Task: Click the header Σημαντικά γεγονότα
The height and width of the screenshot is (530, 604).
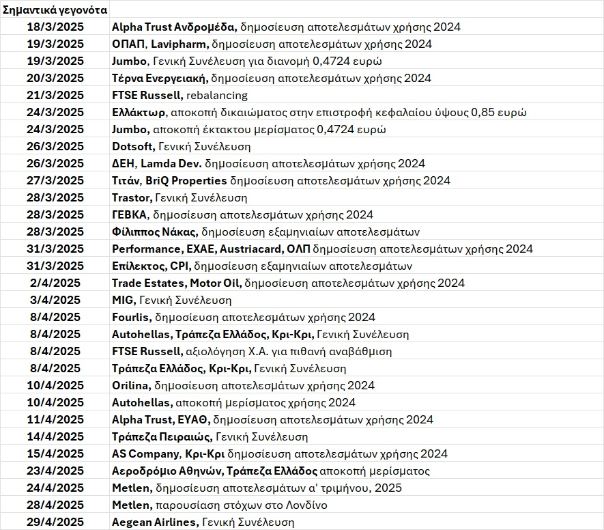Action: [x=55, y=10]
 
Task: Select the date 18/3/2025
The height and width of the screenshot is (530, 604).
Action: [x=55, y=27]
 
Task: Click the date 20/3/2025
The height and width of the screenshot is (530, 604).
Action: [x=55, y=79]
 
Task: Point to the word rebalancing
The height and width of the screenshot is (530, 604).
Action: [x=216, y=96]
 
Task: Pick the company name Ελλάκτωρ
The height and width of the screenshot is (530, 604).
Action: [x=139, y=113]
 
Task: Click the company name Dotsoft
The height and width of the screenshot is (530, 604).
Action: [x=133, y=147]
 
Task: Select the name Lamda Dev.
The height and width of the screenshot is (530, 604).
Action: [x=171, y=164]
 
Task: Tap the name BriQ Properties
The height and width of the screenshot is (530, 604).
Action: [x=186, y=181]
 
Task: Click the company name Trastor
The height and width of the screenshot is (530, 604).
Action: [x=130, y=198]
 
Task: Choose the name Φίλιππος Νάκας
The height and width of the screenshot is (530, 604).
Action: [x=155, y=232]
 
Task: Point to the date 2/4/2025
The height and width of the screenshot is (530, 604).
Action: [x=55, y=283]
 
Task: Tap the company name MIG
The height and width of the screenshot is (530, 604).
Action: [x=124, y=301]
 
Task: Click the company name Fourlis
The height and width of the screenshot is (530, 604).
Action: [x=130, y=318]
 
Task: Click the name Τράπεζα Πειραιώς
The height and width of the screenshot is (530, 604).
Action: [x=162, y=437]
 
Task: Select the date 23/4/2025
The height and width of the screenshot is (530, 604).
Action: [x=55, y=471]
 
